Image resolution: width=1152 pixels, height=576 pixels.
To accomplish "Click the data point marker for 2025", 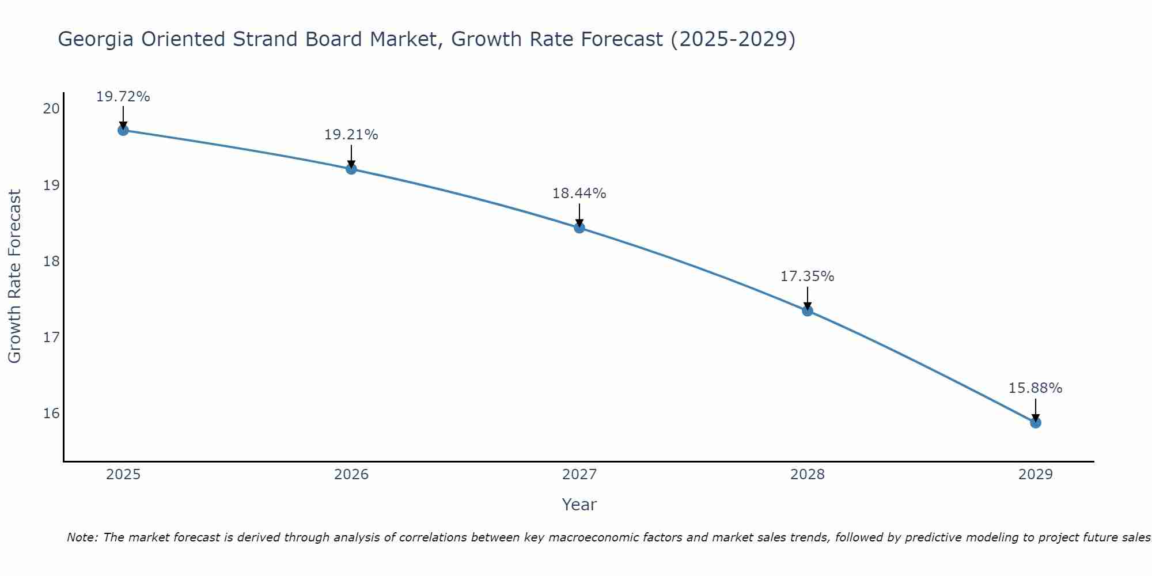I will coord(123,130).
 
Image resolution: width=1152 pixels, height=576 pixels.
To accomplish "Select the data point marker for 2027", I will coord(579,228).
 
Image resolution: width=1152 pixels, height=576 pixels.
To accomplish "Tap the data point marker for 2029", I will coord(1035,423).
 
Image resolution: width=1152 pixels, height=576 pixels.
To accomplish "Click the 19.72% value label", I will coord(123,97).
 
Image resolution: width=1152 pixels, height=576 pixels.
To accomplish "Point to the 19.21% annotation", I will coord(351,135).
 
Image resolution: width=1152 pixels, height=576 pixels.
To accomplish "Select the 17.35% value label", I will coord(807,276).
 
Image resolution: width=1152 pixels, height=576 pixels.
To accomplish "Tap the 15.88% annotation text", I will coord(1035,388).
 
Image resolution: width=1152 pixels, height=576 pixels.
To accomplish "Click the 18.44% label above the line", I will coord(579,194).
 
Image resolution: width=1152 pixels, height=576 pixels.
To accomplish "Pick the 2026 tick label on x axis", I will coord(351,475).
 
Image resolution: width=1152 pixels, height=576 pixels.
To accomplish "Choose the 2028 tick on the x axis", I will coord(808,475).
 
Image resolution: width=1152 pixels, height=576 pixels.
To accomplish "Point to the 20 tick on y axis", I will coord(51,109).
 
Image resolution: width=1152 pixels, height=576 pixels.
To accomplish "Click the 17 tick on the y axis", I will coord(51,337).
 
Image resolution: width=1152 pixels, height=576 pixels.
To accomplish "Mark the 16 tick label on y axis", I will coord(51,414).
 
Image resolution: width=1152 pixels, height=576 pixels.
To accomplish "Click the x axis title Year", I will coord(579,505).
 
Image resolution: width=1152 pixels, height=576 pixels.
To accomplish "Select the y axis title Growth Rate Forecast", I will coord(15,276).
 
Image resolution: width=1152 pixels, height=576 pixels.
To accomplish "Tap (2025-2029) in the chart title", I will coord(733,40).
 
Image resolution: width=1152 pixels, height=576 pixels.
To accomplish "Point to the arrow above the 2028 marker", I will coord(808,298).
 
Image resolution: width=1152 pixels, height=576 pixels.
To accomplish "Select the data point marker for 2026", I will coord(351,169).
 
